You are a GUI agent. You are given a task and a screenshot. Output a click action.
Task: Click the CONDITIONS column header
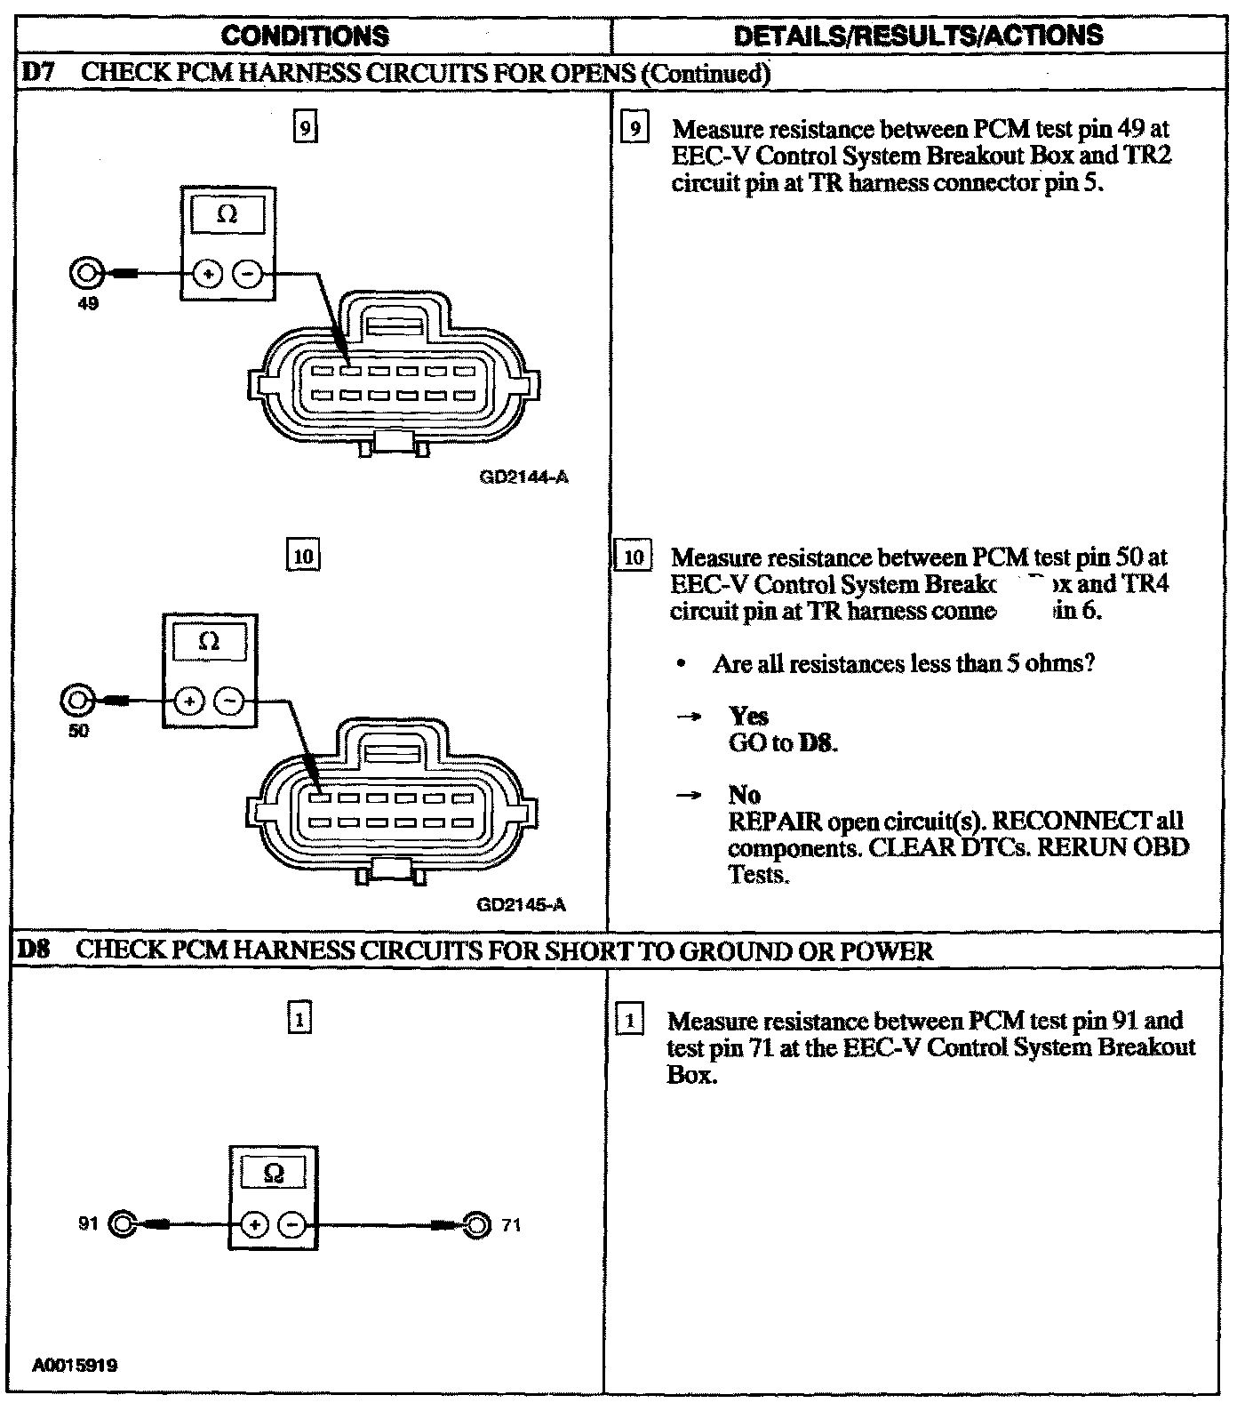click(x=305, y=36)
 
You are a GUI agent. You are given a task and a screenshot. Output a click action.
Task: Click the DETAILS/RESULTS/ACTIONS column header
click(x=919, y=36)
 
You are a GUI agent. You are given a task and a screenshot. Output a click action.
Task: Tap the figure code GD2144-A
click(x=523, y=477)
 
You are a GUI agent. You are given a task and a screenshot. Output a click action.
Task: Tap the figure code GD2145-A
click(x=522, y=905)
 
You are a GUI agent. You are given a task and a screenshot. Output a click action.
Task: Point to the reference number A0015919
click(x=76, y=1364)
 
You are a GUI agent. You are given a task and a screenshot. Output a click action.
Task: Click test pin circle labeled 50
click(x=76, y=701)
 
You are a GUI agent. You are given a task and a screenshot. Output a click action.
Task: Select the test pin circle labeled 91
click(x=122, y=1224)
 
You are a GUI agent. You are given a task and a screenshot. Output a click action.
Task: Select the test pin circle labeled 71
click(x=477, y=1224)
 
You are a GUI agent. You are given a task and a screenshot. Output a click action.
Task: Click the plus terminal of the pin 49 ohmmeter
click(x=207, y=275)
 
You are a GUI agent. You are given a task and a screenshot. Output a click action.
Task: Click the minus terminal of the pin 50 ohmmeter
click(x=230, y=701)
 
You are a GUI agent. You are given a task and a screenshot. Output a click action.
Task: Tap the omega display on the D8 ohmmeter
click(x=274, y=1174)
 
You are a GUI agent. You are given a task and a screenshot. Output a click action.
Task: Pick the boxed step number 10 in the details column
click(x=634, y=557)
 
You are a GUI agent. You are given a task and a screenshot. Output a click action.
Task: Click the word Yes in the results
click(x=748, y=716)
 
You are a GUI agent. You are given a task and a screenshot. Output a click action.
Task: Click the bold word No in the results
click(x=744, y=794)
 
